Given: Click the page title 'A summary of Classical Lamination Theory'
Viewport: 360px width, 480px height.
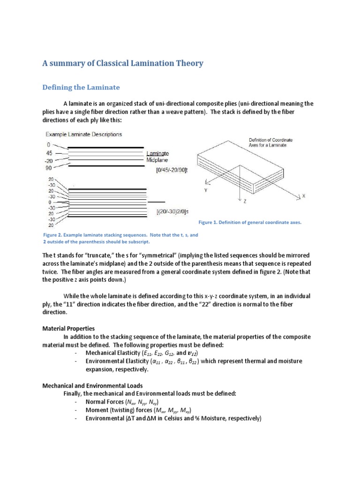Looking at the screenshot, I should pyautogui.click(x=123, y=63).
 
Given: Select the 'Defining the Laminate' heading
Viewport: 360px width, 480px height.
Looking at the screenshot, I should pyautogui.click(x=81, y=87).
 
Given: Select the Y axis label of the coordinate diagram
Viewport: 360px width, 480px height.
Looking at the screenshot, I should pyautogui.click(x=205, y=191).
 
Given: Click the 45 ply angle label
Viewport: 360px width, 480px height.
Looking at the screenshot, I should pyautogui.click(x=49, y=152).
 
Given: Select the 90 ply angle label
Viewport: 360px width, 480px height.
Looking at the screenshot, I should pyautogui.click(x=49, y=167).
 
